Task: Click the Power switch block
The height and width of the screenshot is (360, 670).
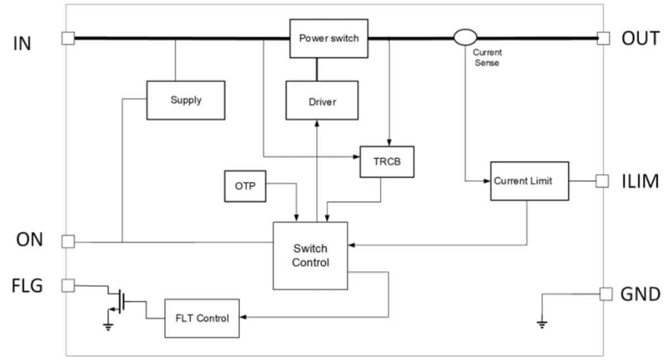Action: [x=329, y=39]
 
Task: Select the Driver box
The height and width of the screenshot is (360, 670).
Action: [x=322, y=100]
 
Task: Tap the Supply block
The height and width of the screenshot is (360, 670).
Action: [x=185, y=100]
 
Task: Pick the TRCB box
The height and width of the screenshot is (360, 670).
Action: [x=387, y=162]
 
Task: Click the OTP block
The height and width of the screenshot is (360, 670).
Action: [x=245, y=186]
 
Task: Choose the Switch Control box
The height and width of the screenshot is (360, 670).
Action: [x=310, y=256]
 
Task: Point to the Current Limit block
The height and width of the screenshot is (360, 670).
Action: [x=529, y=181]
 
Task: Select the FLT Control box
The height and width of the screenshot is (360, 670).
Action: [x=202, y=318]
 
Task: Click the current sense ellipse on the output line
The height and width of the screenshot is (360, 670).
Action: [x=465, y=38]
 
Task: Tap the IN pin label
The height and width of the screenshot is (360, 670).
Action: [x=22, y=44]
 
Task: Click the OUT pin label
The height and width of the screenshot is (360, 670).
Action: [x=640, y=39]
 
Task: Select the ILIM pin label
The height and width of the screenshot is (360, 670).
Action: [x=640, y=182]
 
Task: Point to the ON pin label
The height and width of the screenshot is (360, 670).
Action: [x=30, y=240]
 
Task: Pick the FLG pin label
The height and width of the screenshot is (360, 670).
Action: [x=28, y=286]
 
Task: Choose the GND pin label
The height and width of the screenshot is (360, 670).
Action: [x=640, y=294]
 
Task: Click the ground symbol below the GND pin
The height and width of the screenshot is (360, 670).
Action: [x=541, y=323]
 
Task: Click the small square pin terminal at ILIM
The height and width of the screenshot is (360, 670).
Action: [x=602, y=181]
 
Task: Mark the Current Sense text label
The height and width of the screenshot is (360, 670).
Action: [x=487, y=57]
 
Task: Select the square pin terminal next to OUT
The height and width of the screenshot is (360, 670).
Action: [x=602, y=38]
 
